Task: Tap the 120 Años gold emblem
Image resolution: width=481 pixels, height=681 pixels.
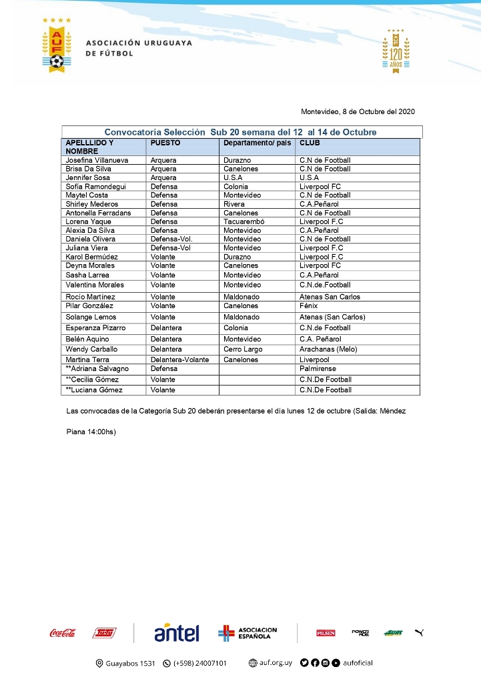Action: tap(396, 51)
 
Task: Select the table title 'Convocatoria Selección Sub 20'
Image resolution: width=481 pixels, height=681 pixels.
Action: tap(240, 132)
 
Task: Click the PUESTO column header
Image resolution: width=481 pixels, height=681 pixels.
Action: tap(165, 143)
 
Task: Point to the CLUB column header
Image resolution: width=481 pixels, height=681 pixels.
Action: tap(309, 143)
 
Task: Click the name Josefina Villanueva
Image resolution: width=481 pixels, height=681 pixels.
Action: tap(97, 161)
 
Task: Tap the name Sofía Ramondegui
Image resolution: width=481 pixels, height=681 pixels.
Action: tap(96, 187)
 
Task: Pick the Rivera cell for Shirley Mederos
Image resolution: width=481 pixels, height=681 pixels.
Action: tap(234, 204)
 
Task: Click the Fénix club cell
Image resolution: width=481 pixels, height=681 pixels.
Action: tap(309, 306)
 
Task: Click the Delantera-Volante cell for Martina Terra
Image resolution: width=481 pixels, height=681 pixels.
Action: tap(179, 360)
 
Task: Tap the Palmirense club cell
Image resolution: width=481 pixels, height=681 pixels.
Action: tap(318, 369)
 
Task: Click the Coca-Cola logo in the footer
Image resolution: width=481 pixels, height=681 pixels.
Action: tap(62, 633)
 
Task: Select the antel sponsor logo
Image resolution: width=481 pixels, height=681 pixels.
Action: tap(177, 633)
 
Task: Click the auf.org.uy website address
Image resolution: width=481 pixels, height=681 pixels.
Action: tap(270, 663)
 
